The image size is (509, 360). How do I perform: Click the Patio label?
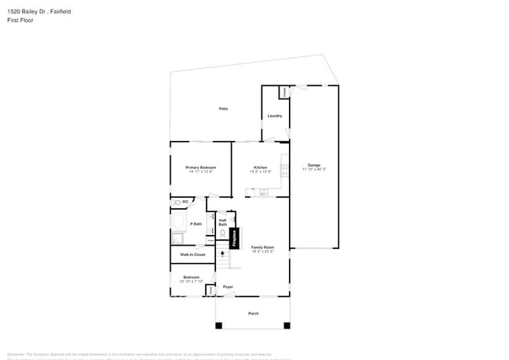tap(223, 108)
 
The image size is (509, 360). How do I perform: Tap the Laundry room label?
tap(274, 116)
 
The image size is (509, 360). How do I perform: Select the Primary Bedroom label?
tap(200, 167)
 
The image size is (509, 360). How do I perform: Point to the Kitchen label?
tap(260, 167)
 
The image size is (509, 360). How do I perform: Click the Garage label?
tap(313, 165)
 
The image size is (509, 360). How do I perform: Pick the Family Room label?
tap(262, 247)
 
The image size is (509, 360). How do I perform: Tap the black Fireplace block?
tap(233, 238)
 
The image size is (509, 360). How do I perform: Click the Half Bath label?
tap(222, 222)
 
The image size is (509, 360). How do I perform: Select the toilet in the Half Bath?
tap(223, 233)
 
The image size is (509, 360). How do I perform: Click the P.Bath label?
tap(196, 225)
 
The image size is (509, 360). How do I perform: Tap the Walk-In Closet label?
tap(193, 254)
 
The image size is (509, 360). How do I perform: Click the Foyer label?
tap(228, 287)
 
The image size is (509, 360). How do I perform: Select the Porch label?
tap(253, 313)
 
